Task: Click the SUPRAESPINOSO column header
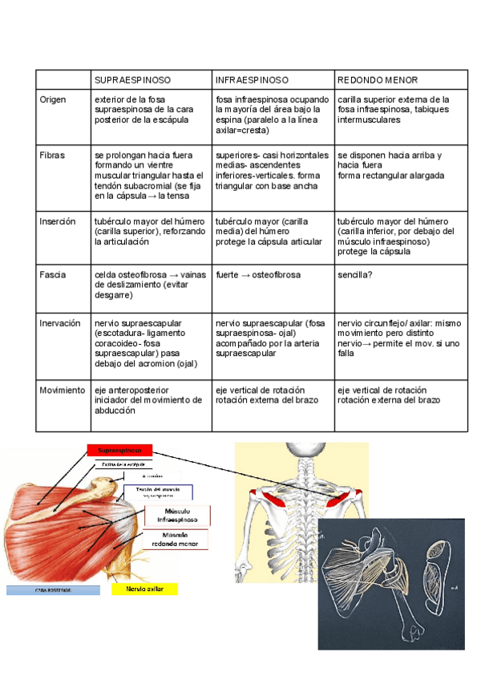(x=132, y=81)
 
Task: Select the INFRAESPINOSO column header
(x=252, y=81)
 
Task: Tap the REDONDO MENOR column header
(x=378, y=81)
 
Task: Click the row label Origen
(x=54, y=99)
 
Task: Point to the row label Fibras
(x=52, y=155)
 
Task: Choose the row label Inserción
(x=58, y=221)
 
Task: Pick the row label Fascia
(x=53, y=275)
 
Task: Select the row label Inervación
(x=60, y=323)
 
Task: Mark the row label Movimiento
(x=63, y=390)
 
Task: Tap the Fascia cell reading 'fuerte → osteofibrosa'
(x=258, y=275)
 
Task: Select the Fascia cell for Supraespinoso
(x=152, y=285)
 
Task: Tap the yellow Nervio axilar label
(x=144, y=588)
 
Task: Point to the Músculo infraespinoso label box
(x=177, y=516)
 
